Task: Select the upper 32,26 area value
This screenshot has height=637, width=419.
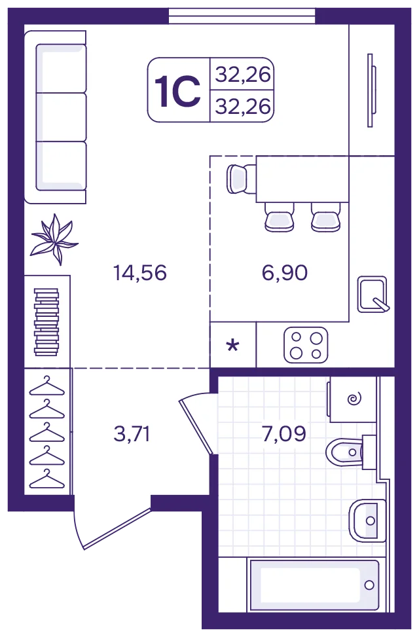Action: click(243, 75)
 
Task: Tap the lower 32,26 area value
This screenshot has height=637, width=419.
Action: click(243, 107)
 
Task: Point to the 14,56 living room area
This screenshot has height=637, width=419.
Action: click(140, 272)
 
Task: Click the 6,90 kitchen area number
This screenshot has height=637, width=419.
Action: click(285, 272)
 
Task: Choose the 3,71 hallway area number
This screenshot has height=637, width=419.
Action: click(132, 434)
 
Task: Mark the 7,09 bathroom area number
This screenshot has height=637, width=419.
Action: click(283, 434)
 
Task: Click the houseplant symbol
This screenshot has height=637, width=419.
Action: click(54, 240)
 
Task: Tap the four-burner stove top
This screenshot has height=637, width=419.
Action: click(306, 345)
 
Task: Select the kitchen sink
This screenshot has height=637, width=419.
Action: click(373, 295)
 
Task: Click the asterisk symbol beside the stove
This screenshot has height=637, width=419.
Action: click(233, 346)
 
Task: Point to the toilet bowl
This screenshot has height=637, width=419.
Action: click(344, 452)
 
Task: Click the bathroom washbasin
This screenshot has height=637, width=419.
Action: click(367, 520)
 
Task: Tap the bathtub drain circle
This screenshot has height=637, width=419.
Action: click(369, 585)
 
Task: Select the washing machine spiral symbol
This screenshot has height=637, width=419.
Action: click(354, 399)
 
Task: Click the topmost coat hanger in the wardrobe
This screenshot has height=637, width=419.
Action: click(47, 386)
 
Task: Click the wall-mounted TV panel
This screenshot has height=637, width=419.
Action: click(370, 90)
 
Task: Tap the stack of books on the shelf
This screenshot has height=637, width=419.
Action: click(46, 322)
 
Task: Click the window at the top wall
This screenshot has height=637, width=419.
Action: click(242, 16)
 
